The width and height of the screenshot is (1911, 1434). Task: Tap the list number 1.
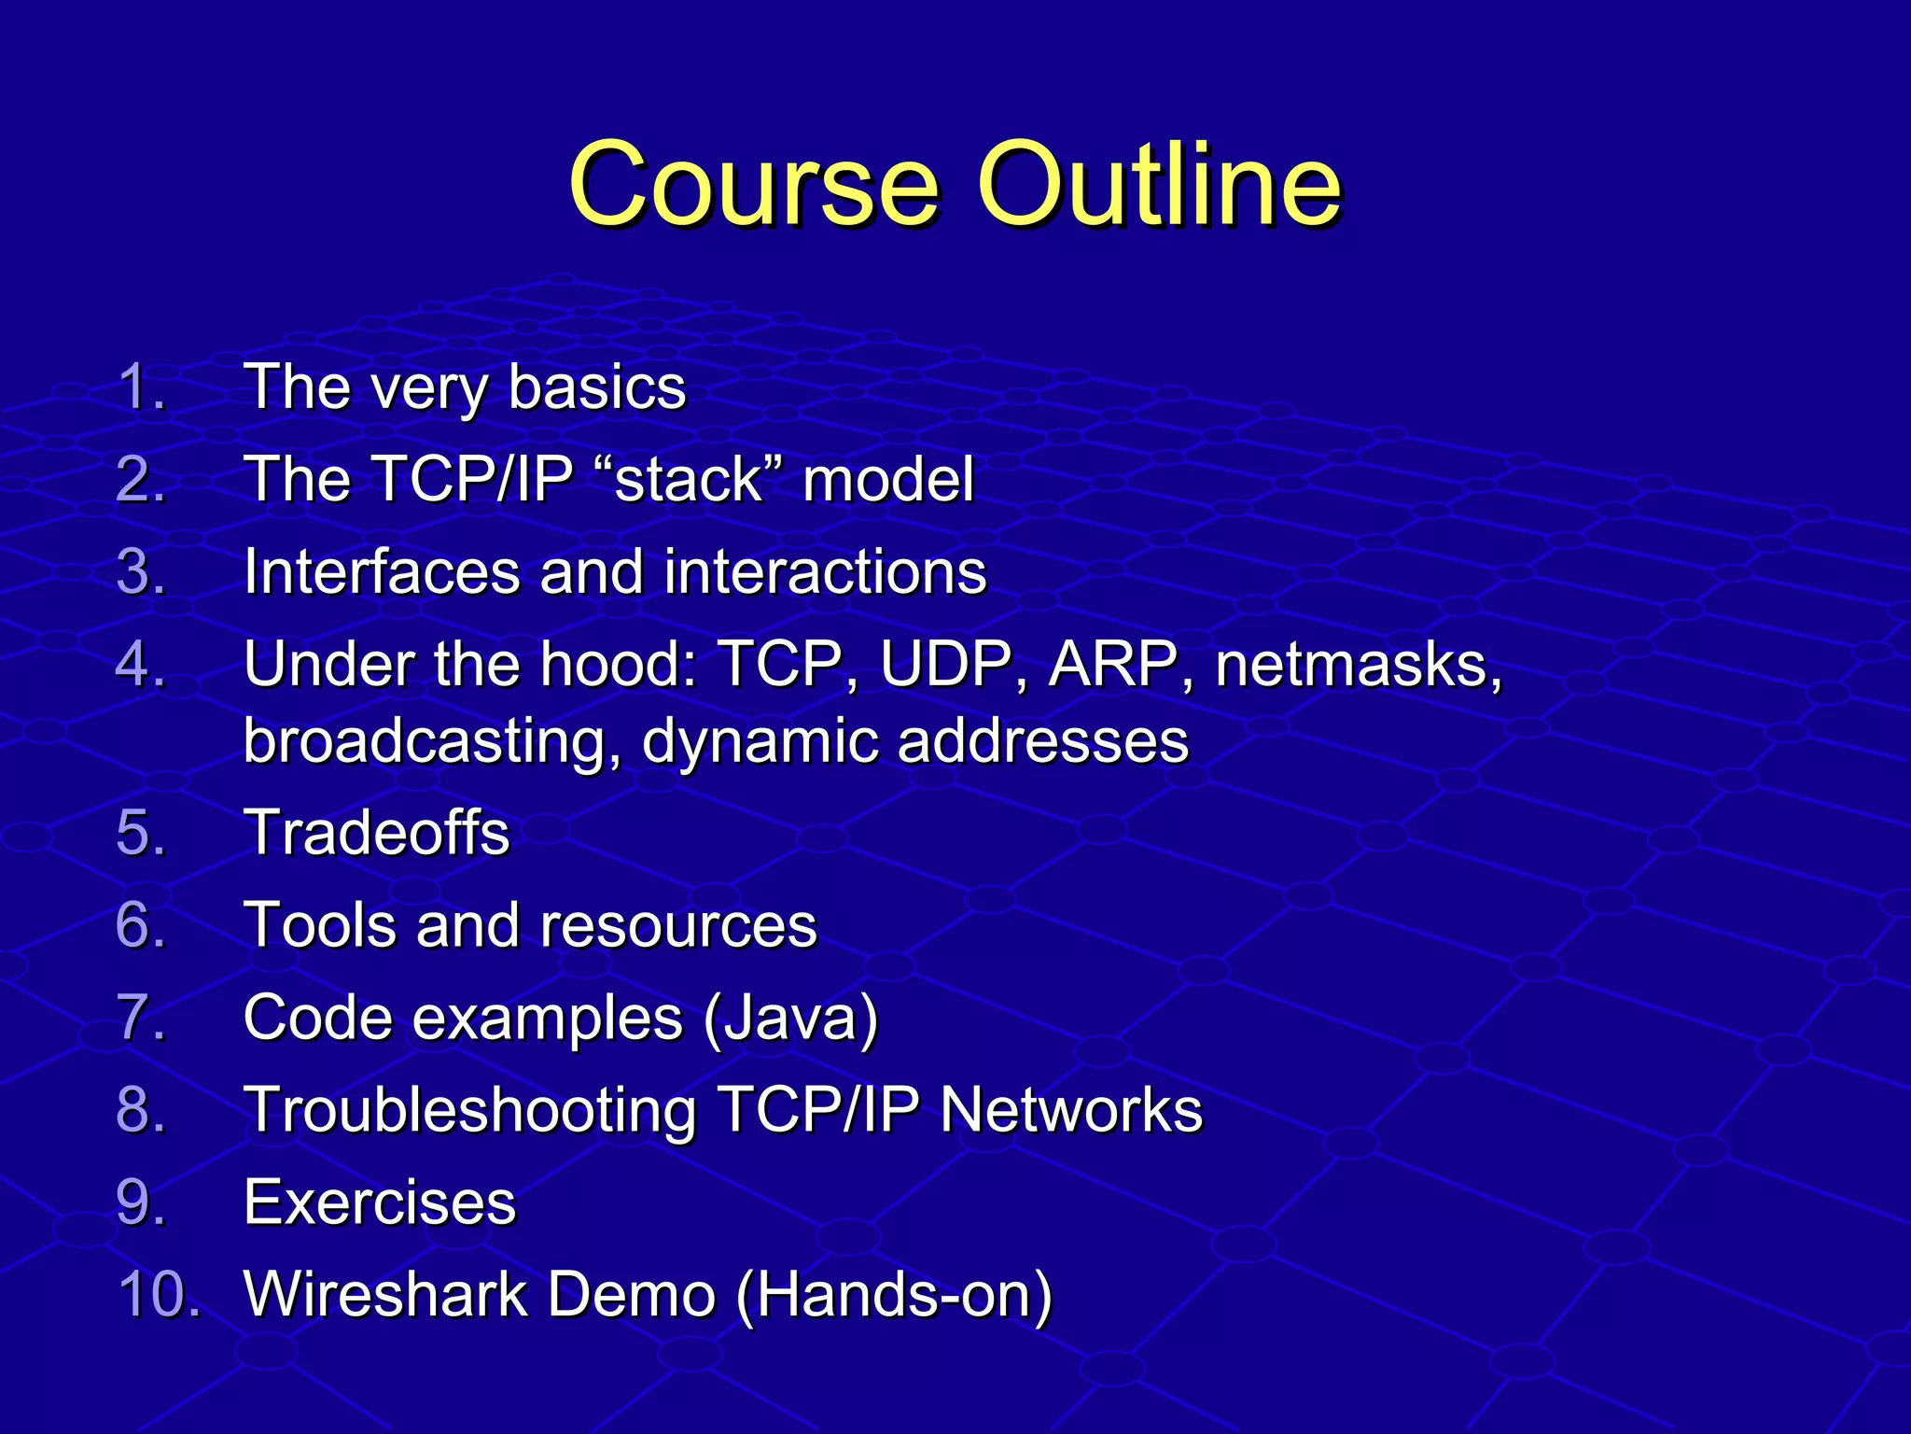(140, 387)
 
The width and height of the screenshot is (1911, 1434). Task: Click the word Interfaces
(382, 571)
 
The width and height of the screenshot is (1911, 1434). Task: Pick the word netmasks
(1358, 665)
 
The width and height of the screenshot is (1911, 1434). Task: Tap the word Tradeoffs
(376, 832)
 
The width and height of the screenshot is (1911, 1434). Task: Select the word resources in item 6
(678, 925)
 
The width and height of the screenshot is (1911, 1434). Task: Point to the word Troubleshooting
(469, 1110)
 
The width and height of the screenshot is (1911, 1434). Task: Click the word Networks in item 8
(1071, 1110)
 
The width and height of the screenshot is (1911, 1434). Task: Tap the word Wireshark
(385, 1295)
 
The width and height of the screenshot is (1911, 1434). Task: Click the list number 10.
(159, 1295)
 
